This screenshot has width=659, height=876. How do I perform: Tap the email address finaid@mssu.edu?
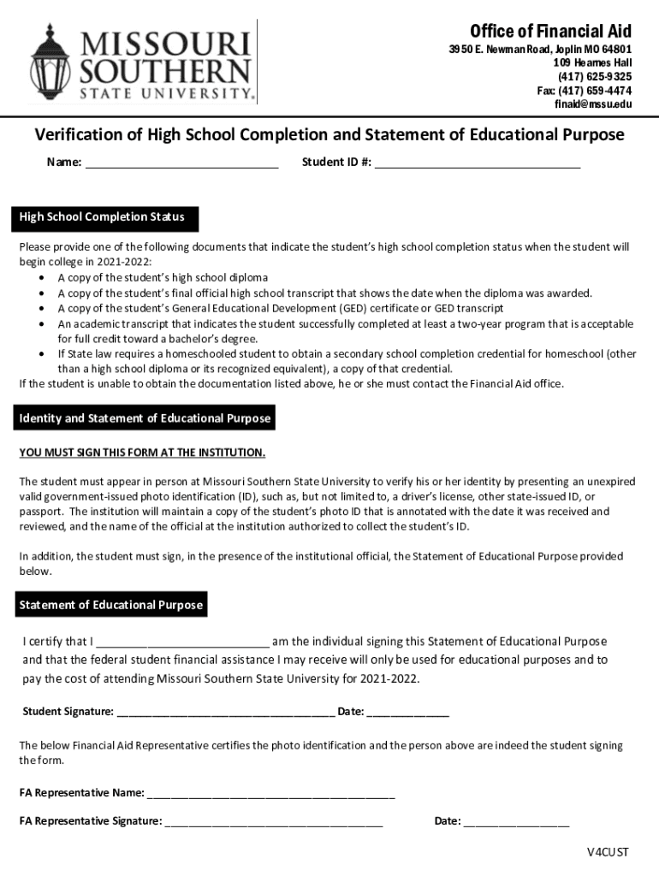(x=594, y=104)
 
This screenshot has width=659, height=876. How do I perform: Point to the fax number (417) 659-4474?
(x=585, y=91)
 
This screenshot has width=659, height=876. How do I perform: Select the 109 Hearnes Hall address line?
(x=592, y=63)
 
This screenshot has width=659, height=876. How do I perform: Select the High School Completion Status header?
(x=102, y=217)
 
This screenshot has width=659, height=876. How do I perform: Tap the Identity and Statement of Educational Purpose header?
(x=145, y=418)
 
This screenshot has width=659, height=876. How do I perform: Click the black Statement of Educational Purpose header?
(x=111, y=605)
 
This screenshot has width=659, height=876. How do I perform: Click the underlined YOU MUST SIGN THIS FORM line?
(x=142, y=452)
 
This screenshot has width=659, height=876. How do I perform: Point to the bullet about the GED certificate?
(x=280, y=308)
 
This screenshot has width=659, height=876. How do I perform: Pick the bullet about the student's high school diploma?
(x=163, y=277)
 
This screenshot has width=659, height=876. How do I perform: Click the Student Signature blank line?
(x=225, y=712)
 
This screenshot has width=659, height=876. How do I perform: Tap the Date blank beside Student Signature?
(x=407, y=712)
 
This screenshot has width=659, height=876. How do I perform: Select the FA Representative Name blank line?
(x=270, y=793)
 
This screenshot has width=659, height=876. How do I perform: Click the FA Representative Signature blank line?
(x=274, y=822)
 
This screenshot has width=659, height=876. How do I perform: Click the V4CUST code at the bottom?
(x=608, y=852)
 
